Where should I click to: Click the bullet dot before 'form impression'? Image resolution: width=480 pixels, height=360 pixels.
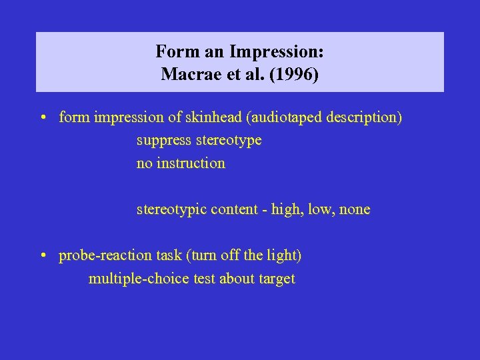pos(42,118)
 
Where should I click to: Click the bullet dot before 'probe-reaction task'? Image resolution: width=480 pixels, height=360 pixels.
pos(42,256)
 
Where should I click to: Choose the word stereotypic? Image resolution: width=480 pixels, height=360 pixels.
pos(171,209)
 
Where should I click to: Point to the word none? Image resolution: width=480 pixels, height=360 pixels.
pos(355,209)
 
